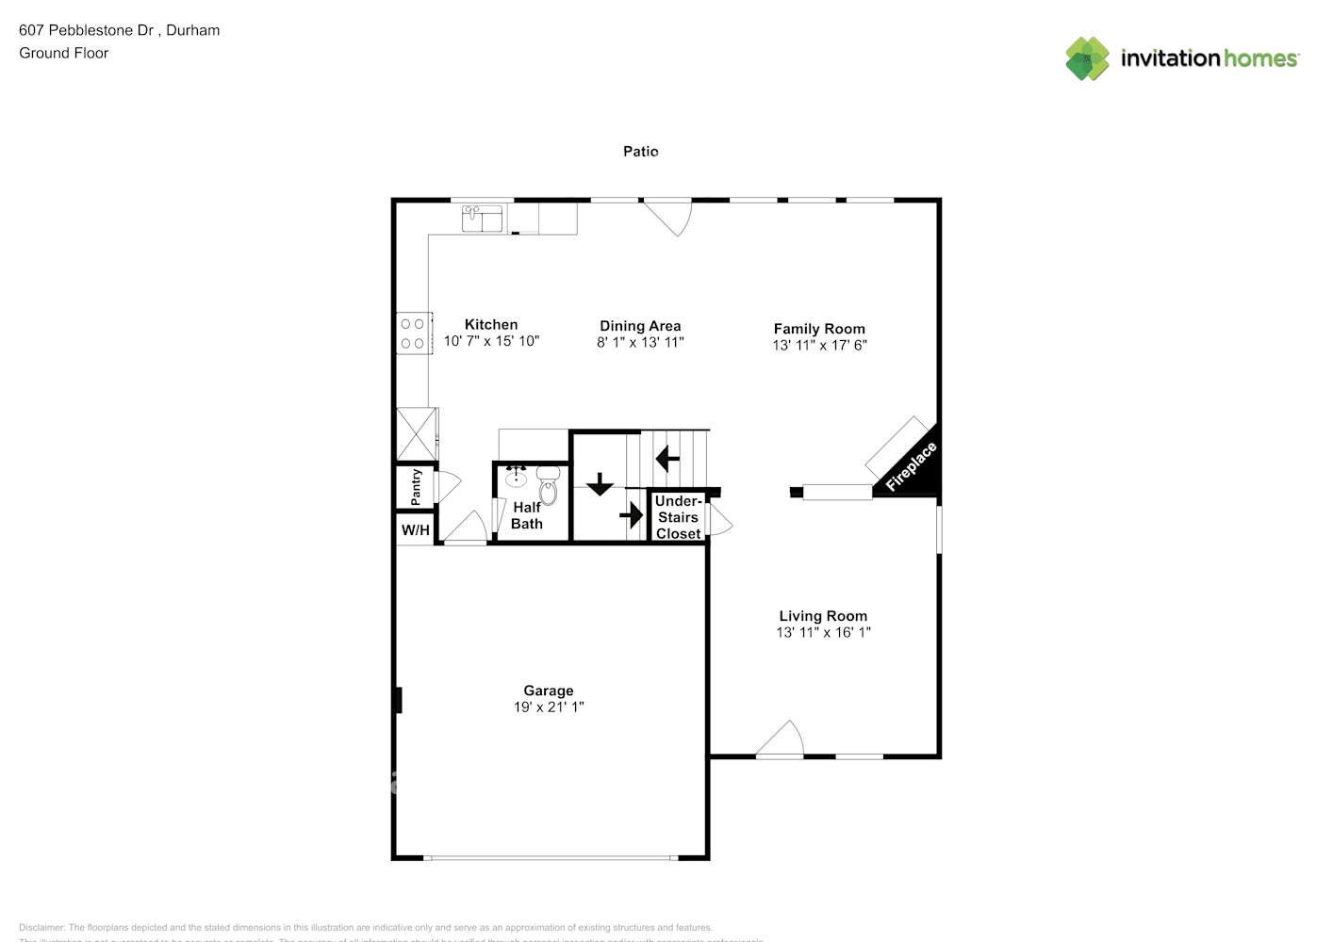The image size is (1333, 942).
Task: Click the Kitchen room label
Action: pos(490,324)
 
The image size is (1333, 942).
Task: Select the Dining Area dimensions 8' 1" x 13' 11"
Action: pos(640,343)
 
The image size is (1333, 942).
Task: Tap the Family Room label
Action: pos(819,329)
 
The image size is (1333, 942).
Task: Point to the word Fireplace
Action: pos(911,466)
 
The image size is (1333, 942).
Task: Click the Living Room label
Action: pos(823,616)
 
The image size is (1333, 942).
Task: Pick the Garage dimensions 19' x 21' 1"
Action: pos(549,707)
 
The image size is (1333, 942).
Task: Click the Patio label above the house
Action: pos(641,151)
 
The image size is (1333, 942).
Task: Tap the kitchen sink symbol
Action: pos(483,219)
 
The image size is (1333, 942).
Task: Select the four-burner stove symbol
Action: pos(413,333)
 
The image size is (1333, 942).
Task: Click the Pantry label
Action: pos(416,487)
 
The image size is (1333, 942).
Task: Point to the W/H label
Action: pos(416,530)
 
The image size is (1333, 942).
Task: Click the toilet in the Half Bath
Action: pos(548,486)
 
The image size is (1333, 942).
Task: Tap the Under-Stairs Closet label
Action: pos(678,517)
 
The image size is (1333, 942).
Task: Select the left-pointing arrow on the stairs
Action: pos(667,459)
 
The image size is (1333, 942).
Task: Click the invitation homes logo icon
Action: pos(1087,58)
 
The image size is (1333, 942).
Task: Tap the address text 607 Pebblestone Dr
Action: pos(87,30)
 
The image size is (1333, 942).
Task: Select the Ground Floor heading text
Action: pos(64,53)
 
